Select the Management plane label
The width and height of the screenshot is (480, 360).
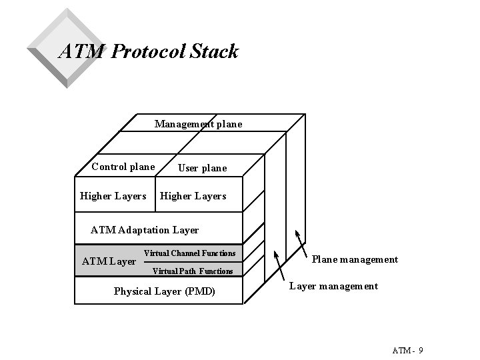click(x=198, y=124)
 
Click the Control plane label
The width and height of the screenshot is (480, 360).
click(x=123, y=167)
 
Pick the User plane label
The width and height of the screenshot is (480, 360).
click(x=202, y=168)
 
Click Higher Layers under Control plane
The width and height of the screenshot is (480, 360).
click(x=113, y=196)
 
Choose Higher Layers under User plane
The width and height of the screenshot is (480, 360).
click(x=193, y=196)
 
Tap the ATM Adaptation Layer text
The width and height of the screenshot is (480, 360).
click(x=144, y=230)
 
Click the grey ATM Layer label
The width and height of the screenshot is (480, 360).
click(x=108, y=261)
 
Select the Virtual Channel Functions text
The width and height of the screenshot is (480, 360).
click(x=189, y=253)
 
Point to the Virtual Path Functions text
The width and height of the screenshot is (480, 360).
click(x=192, y=271)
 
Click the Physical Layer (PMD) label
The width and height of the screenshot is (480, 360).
click(x=164, y=291)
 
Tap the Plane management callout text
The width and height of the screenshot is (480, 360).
click(x=355, y=259)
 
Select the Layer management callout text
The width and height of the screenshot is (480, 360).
click(x=333, y=286)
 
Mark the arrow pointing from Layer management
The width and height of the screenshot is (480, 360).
click(x=281, y=266)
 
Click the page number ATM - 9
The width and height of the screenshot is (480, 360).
click(x=408, y=351)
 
